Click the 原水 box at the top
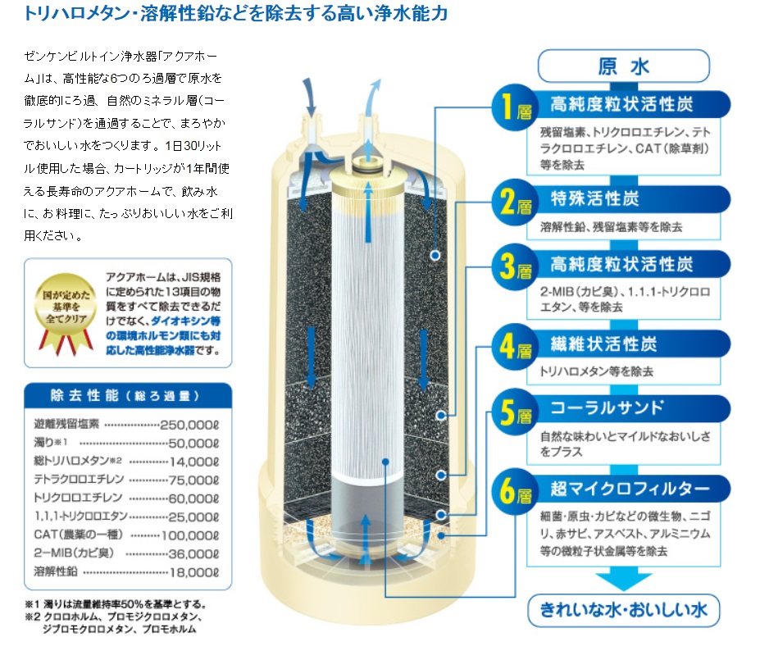click(622, 66)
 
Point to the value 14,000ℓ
click(194, 461)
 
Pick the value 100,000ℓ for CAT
click(190, 535)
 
